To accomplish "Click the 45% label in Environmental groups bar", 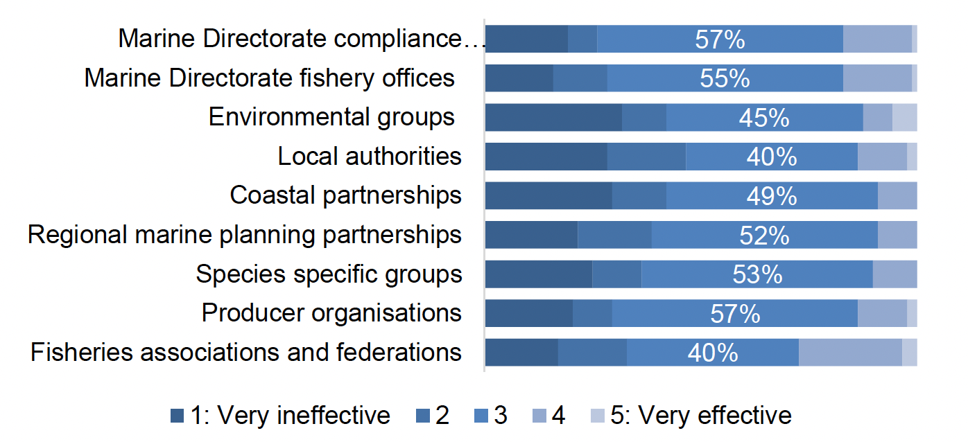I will (x=764, y=118).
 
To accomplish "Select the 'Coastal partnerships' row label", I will (x=345, y=195).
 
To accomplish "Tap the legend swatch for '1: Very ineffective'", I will (x=178, y=416).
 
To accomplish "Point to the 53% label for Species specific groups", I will (x=757, y=274).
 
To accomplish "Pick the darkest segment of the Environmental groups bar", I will (x=553, y=118).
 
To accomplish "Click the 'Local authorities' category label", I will (x=369, y=157).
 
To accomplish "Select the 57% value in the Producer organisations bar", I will (x=735, y=314).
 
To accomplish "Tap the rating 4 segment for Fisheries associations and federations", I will (x=850, y=353).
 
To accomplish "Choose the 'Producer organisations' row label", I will (x=331, y=313).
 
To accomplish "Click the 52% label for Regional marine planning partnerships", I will (x=764, y=236).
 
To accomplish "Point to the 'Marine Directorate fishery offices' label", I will (x=269, y=78).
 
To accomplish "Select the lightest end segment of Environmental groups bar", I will (x=904, y=118).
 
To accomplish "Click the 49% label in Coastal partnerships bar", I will (x=772, y=196).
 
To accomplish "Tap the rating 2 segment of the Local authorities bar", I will (x=646, y=157).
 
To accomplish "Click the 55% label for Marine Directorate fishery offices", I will (x=725, y=78).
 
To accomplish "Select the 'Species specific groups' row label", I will (x=329, y=274).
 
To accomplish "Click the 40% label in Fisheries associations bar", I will (x=713, y=353).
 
